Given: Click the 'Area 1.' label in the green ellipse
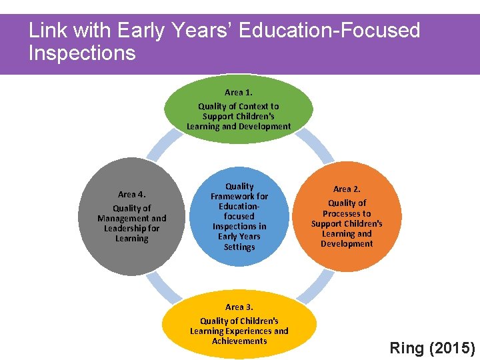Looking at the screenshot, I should (238, 93).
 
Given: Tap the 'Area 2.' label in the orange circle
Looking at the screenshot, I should (347, 189).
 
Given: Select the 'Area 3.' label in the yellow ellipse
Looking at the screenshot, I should (239, 307).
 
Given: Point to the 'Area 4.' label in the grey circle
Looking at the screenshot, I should (131, 195).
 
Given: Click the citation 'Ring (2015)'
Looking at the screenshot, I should (432, 348).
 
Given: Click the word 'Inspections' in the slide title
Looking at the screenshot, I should (82, 53).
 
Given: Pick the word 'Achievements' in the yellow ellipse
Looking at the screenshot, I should (239, 341).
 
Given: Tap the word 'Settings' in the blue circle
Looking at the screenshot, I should (239, 247).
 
